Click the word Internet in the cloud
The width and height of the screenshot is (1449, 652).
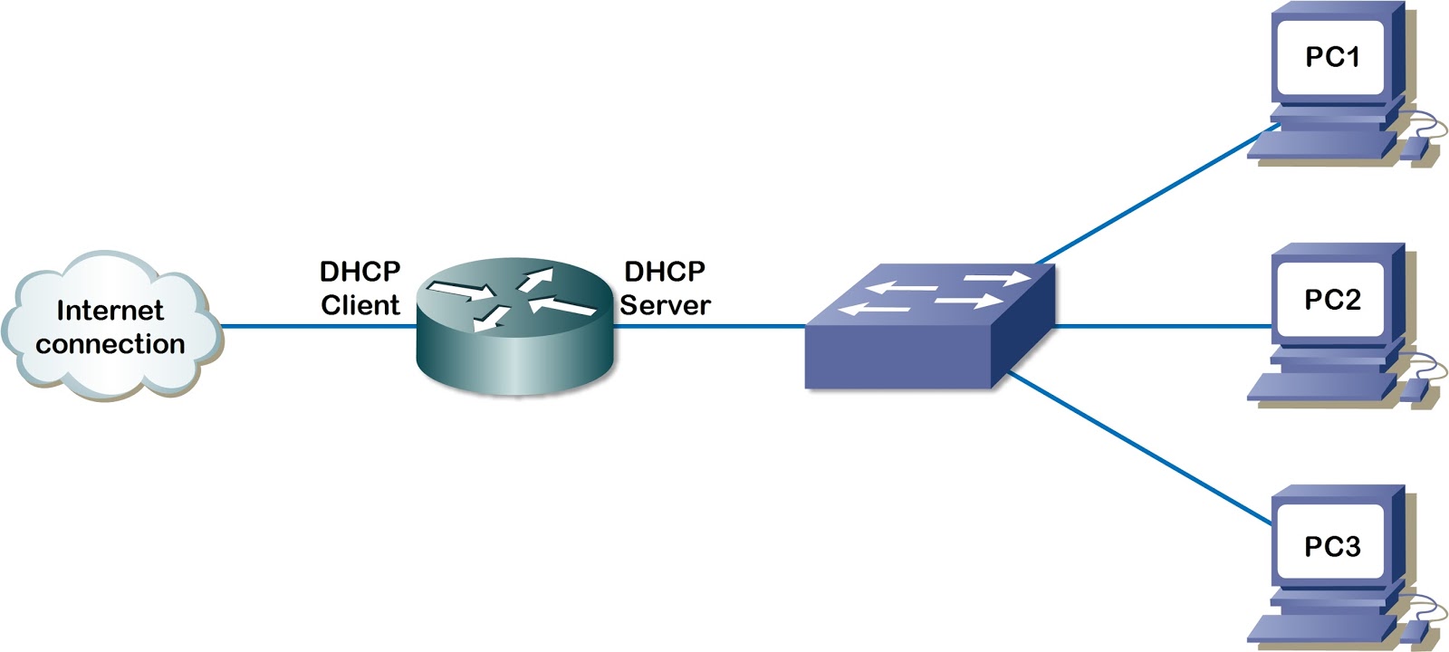[110, 311]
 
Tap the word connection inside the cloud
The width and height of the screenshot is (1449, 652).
[110, 344]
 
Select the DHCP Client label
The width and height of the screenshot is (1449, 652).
[360, 288]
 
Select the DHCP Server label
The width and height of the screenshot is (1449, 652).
[665, 288]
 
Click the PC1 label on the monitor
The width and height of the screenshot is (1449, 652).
[1331, 57]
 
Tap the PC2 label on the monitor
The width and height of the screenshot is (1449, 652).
[1331, 299]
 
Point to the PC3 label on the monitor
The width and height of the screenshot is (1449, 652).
[1331, 546]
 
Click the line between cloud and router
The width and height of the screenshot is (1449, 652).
[317, 326]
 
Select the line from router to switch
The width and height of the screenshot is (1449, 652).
[711, 326]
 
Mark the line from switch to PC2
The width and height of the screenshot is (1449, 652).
[1164, 326]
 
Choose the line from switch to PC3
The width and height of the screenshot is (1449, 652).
[1141, 448]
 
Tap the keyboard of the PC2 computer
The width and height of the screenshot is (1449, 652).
[1318, 388]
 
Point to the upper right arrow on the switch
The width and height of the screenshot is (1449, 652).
[996, 278]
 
